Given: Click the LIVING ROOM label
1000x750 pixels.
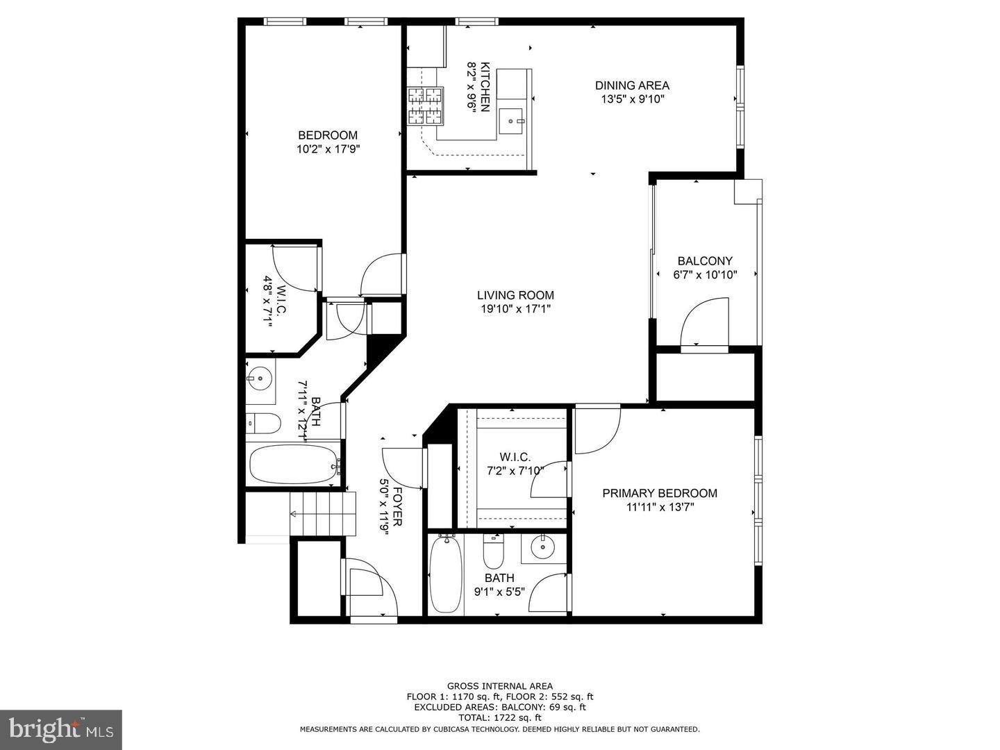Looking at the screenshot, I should pyautogui.click(x=515, y=295).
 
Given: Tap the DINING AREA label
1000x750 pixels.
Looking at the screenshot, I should pyautogui.click(x=632, y=85).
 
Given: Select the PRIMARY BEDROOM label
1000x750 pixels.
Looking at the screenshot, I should pyautogui.click(x=659, y=493).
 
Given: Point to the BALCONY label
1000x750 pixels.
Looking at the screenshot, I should pyautogui.click(x=705, y=261).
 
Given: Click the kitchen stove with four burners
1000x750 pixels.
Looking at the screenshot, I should pyautogui.click(x=425, y=106).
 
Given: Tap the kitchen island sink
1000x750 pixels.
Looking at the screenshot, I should pyautogui.click(x=514, y=121).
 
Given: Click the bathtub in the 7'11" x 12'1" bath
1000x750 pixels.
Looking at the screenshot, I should pyautogui.click(x=294, y=465).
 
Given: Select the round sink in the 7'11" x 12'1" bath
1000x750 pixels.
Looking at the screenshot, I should pyautogui.click(x=259, y=379).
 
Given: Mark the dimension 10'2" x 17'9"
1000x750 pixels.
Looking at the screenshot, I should pyautogui.click(x=328, y=149).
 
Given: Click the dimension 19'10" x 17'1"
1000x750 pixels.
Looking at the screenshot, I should pyautogui.click(x=515, y=308).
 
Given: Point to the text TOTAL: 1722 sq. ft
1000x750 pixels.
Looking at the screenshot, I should pyautogui.click(x=499, y=717).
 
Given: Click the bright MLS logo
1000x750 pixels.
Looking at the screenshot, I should pyautogui.click(x=61, y=729).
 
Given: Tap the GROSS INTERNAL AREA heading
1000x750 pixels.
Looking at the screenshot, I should pyautogui.click(x=499, y=686).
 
